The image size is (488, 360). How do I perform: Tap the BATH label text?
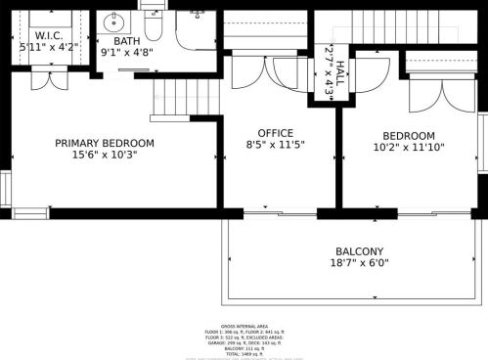(126, 41)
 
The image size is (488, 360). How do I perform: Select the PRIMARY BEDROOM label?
(105, 143)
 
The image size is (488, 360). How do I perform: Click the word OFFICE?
(275, 133)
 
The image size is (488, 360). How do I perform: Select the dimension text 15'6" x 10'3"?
(105, 155)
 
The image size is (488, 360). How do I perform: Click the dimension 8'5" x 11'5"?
(275, 145)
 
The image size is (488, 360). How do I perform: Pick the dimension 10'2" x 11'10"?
(408, 148)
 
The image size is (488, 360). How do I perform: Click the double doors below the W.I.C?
(45, 78)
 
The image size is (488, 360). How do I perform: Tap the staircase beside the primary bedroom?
(174, 95)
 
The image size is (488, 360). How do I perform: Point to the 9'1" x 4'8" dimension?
(126, 53)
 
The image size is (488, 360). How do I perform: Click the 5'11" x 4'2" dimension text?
(49, 46)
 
